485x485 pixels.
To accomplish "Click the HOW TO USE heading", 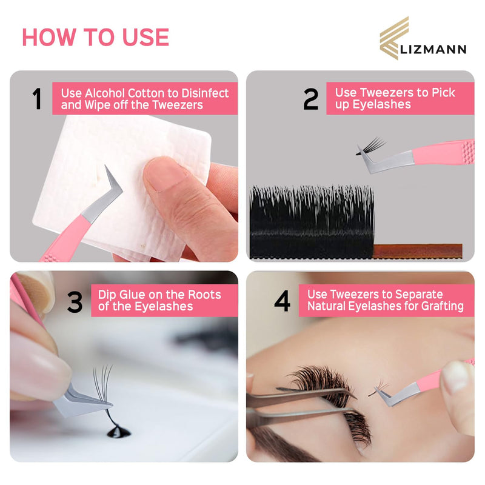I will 95,37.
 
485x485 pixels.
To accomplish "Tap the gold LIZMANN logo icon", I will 394,37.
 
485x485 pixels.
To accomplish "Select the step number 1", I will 37,99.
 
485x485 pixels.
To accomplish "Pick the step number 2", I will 310,99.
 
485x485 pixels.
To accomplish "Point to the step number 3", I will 75,301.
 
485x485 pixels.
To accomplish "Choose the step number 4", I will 282,301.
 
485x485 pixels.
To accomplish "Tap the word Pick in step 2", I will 443,92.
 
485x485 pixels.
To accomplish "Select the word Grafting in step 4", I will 441,306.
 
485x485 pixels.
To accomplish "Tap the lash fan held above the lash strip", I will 370,146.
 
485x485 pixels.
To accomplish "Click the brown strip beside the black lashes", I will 418,250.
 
